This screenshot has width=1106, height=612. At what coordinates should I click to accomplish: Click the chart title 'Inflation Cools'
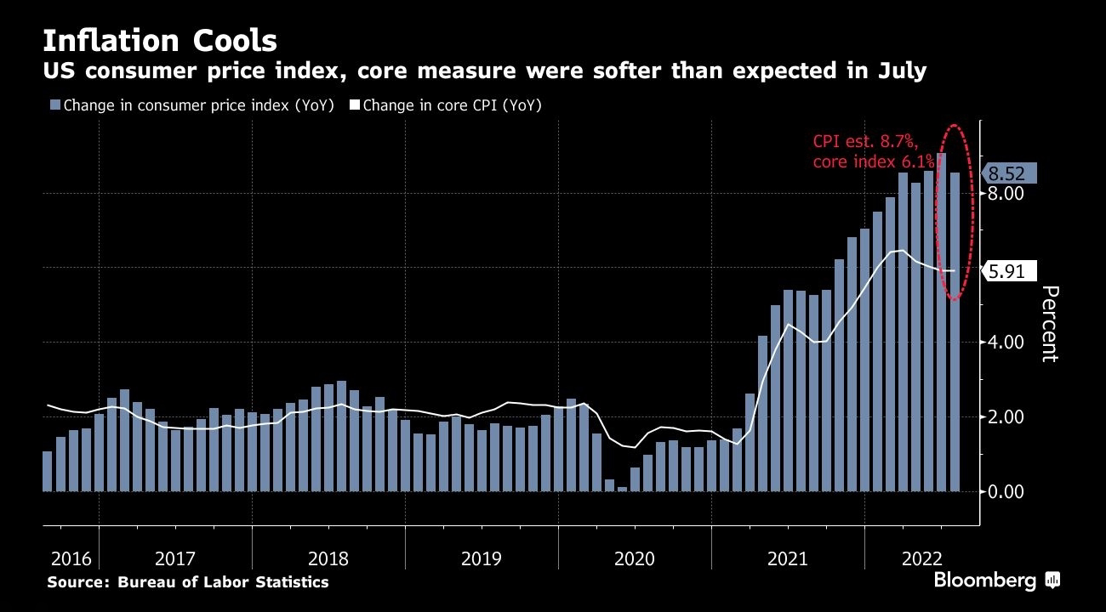click(159, 40)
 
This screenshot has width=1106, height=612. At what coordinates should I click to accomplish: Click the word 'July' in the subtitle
click(900, 71)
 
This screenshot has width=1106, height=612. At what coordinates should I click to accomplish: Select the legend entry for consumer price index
click(192, 105)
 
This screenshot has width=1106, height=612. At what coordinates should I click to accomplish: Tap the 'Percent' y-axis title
click(1051, 324)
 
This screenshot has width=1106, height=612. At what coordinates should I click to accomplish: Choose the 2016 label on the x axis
click(71, 559)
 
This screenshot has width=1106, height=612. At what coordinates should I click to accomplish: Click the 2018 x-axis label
click(328, 559)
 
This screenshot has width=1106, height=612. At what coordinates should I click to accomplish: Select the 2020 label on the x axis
click(634, 559)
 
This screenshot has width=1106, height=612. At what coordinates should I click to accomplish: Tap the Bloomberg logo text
click(985, 581)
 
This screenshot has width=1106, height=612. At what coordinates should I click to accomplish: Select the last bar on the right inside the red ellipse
click(954, 331)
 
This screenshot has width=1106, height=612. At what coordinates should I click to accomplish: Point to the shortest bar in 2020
click(622, 488)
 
